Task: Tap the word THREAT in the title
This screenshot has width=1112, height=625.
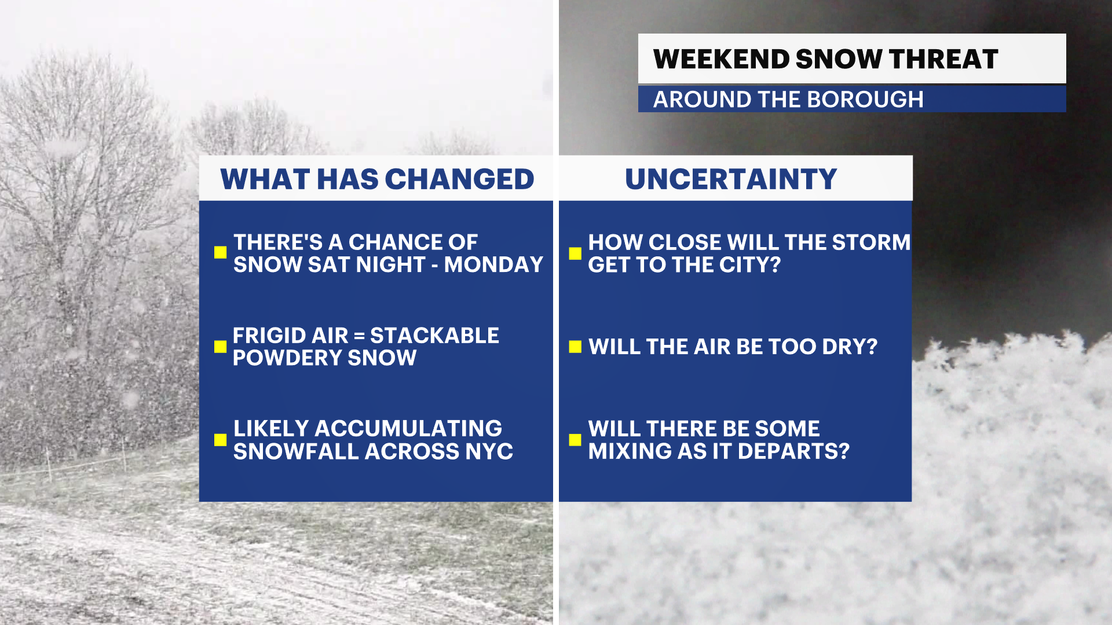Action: pos(943,59)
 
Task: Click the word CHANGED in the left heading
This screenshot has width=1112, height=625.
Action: pos(459,179)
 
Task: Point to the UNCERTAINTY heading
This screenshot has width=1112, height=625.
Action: pos(731,179)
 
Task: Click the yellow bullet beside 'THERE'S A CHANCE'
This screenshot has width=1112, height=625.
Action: pos(220,252)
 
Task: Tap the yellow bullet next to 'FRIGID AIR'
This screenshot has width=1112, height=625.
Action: pos(220,346)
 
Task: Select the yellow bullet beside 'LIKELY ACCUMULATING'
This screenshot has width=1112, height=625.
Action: pos(220,440)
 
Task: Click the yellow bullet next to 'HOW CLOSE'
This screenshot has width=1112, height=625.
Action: pos(575,253)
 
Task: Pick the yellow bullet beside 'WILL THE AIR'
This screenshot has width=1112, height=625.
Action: pos(575,346)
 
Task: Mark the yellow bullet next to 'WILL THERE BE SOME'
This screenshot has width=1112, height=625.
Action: pos(575,440)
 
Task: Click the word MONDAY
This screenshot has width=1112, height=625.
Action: pos(493,264)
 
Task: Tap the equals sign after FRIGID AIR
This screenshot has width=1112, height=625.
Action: pos(359,336)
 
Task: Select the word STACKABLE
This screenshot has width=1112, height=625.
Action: pos(434,336)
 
